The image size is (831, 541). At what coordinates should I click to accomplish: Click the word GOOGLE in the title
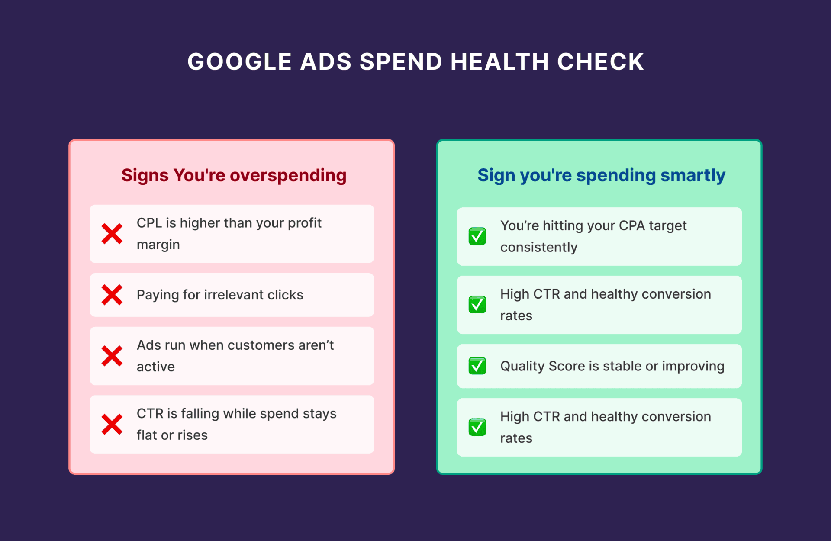pos(239,62)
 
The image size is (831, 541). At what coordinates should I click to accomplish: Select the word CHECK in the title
pos(601,62)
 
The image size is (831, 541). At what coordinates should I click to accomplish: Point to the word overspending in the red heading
pos(288,176)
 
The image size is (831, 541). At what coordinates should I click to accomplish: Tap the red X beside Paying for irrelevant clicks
pos(112,295)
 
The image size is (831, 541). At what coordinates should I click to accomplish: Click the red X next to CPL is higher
pos(112,234)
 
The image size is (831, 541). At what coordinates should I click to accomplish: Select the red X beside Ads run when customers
pos(112,356)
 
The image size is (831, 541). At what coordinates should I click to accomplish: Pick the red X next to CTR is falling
pos(112,425)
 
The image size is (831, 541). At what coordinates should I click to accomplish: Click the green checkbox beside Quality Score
pos(477,366)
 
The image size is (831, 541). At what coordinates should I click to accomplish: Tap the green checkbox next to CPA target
pos(477,236)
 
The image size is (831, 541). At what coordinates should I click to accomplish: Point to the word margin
pos(158,245)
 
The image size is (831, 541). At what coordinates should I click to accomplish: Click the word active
pos(156,367)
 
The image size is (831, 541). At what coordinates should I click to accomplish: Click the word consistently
pos(539,248)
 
